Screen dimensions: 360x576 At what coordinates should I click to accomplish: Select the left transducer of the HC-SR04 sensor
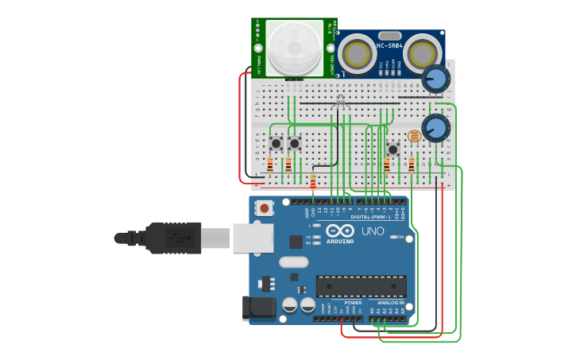click(356, 55)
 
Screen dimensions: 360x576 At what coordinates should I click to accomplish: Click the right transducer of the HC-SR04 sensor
click(423, 55)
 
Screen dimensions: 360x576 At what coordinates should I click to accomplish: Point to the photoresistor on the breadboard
click(414, 137)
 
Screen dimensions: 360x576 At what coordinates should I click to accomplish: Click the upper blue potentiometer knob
click(435, 78)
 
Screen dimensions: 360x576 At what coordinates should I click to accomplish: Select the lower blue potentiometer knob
click(435, 128)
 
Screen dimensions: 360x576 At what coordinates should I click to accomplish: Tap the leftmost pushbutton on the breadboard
click(276, 144)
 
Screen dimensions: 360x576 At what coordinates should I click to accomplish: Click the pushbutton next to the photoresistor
click(392, 149)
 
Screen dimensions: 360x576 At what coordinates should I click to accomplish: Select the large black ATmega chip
click(361, 286)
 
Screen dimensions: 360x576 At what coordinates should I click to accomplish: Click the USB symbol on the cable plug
click(182, 238)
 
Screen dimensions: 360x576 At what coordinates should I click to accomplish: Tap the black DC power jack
click(259, 307)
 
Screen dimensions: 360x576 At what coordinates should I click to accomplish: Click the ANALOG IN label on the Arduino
click(390, 303)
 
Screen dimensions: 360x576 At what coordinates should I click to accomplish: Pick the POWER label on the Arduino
click(354, 303)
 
